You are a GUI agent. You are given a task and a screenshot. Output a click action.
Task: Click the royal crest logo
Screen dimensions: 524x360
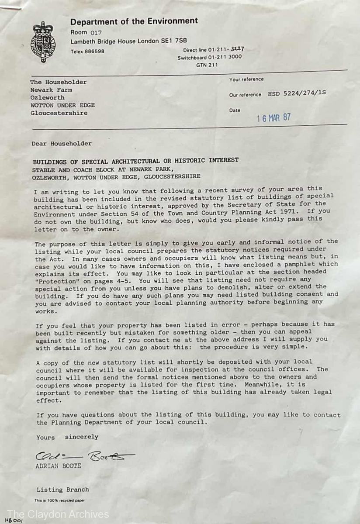43,42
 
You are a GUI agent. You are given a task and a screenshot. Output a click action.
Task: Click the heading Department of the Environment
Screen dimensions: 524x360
134,21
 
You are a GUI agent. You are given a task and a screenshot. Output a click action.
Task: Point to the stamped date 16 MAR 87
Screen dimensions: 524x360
273,118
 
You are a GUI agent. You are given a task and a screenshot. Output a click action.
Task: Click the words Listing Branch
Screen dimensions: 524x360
62,490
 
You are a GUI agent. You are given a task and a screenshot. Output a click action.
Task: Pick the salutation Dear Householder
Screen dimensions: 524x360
62,143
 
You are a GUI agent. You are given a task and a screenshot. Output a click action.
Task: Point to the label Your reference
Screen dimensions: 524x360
246,79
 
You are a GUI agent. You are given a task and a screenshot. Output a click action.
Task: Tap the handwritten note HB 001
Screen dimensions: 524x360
13,521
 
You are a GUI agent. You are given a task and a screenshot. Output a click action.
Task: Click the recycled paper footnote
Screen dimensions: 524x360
60,500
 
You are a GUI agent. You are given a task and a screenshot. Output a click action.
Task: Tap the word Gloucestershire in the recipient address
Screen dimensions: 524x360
59,113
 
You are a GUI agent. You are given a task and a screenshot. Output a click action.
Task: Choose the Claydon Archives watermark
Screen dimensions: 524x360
58,514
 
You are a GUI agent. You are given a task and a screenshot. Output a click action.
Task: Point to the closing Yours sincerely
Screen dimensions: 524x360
67,437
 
